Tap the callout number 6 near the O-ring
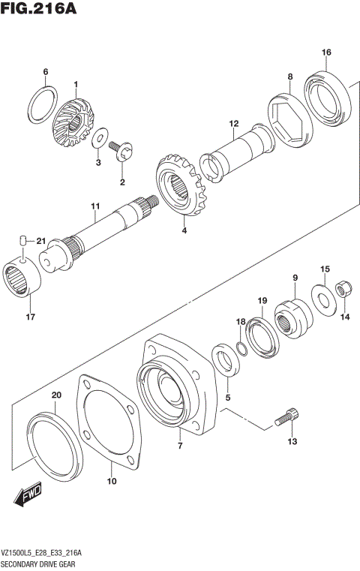point(45,72)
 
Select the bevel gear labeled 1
point(73,123)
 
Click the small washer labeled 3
point(98,138)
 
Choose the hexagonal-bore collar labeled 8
point(289,116)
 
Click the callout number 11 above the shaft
point(95,206)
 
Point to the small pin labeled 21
point(22,240)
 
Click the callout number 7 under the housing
point(180,446)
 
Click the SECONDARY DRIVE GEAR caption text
point(43,562)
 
